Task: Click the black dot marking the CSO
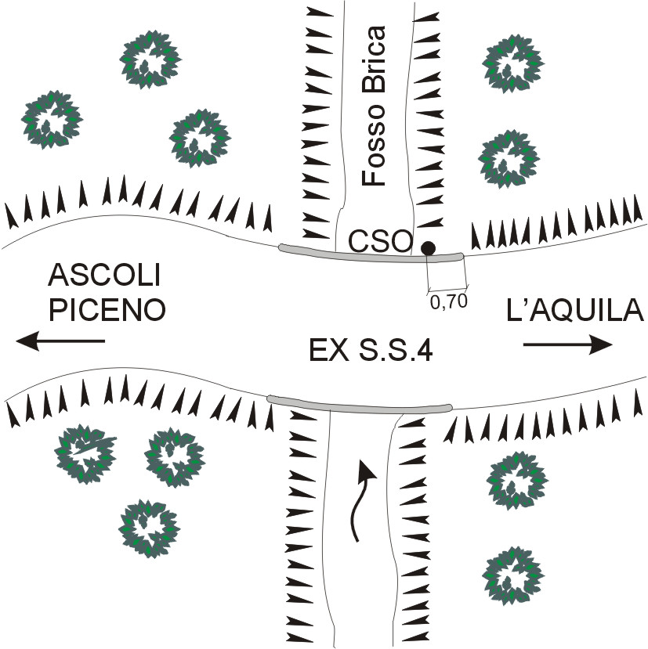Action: pos(428,248)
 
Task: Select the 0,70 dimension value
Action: pos(449,301)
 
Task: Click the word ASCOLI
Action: pos(104,276)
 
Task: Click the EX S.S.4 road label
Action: pos(371,351)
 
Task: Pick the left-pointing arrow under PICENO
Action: pos(60,341)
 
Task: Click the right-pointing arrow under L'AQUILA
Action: pos(568,344)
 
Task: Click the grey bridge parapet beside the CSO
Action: pos(371,254)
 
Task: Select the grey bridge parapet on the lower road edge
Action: pos(360,405)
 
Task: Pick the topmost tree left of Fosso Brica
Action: pos(150,59)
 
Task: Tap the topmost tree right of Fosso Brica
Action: pos(513,63)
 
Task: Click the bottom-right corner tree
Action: pos(513,576)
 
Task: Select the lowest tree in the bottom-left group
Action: pos(149,529)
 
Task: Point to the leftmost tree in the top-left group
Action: pos(52,120)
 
